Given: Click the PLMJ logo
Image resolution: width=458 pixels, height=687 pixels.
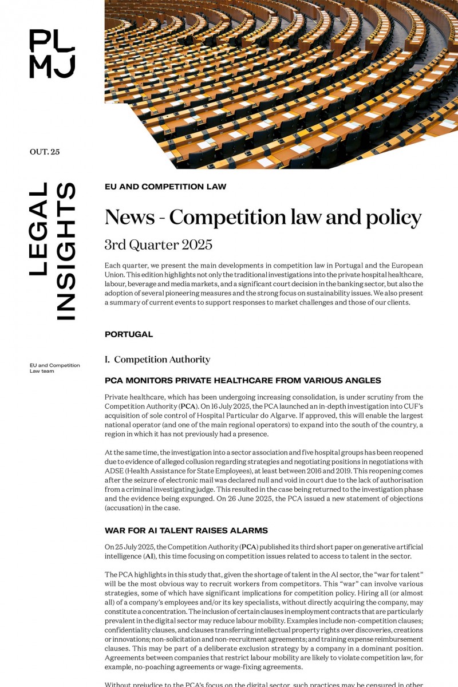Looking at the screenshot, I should coord(52,53).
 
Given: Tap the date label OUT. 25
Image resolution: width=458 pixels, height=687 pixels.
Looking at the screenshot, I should coord(45,152).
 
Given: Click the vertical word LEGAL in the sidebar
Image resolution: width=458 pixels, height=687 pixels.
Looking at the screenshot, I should coord(38,229).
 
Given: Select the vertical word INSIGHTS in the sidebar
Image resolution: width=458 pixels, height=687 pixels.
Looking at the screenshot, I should coord(66,251).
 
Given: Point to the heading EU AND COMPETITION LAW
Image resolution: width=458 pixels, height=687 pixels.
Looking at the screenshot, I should coord(165,187).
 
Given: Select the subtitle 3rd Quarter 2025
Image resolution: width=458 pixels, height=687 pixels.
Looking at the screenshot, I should coord(158,245).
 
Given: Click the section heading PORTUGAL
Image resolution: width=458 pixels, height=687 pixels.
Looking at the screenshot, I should coord(129,334).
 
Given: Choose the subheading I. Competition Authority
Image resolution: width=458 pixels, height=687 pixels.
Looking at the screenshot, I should coord(157,360).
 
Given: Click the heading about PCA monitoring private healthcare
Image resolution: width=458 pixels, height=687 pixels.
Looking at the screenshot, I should coord(243,381).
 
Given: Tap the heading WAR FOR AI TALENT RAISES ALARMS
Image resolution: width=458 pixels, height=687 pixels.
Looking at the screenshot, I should coord(186,531).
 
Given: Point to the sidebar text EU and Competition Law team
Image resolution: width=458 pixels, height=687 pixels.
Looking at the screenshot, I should coord(54,368).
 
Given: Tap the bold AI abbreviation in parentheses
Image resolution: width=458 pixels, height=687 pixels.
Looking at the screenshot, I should coord(148,556).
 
